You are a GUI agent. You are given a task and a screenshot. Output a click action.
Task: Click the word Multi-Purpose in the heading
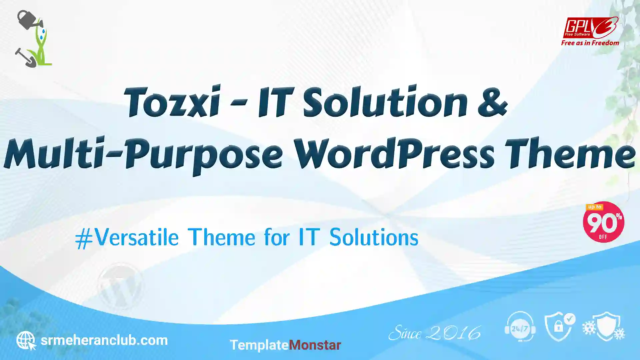[143, 155]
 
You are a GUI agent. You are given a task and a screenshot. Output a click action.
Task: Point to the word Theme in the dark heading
[570, 153]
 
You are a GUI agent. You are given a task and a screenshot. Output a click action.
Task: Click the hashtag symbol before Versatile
[84, 239]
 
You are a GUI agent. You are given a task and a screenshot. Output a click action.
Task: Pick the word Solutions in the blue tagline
[374, 237]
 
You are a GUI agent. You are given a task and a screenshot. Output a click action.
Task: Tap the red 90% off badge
[603, 222]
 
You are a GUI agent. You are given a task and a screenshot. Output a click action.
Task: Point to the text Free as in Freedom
[590, 43]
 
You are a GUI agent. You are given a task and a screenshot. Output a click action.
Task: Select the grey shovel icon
[26, 58]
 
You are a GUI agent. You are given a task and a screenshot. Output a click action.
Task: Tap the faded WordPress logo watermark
[120, 286]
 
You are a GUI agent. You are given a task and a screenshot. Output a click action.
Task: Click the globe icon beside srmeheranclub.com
[26, 340]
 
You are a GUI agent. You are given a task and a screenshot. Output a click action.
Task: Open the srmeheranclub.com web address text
[104, 340]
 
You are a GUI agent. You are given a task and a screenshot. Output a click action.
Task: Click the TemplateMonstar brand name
[285, 345]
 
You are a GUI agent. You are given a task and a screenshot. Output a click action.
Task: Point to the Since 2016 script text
[435, 333]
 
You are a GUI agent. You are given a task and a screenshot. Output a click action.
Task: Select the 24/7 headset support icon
[520, 327]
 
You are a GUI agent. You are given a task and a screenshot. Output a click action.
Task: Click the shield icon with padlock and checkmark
[560, 327]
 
